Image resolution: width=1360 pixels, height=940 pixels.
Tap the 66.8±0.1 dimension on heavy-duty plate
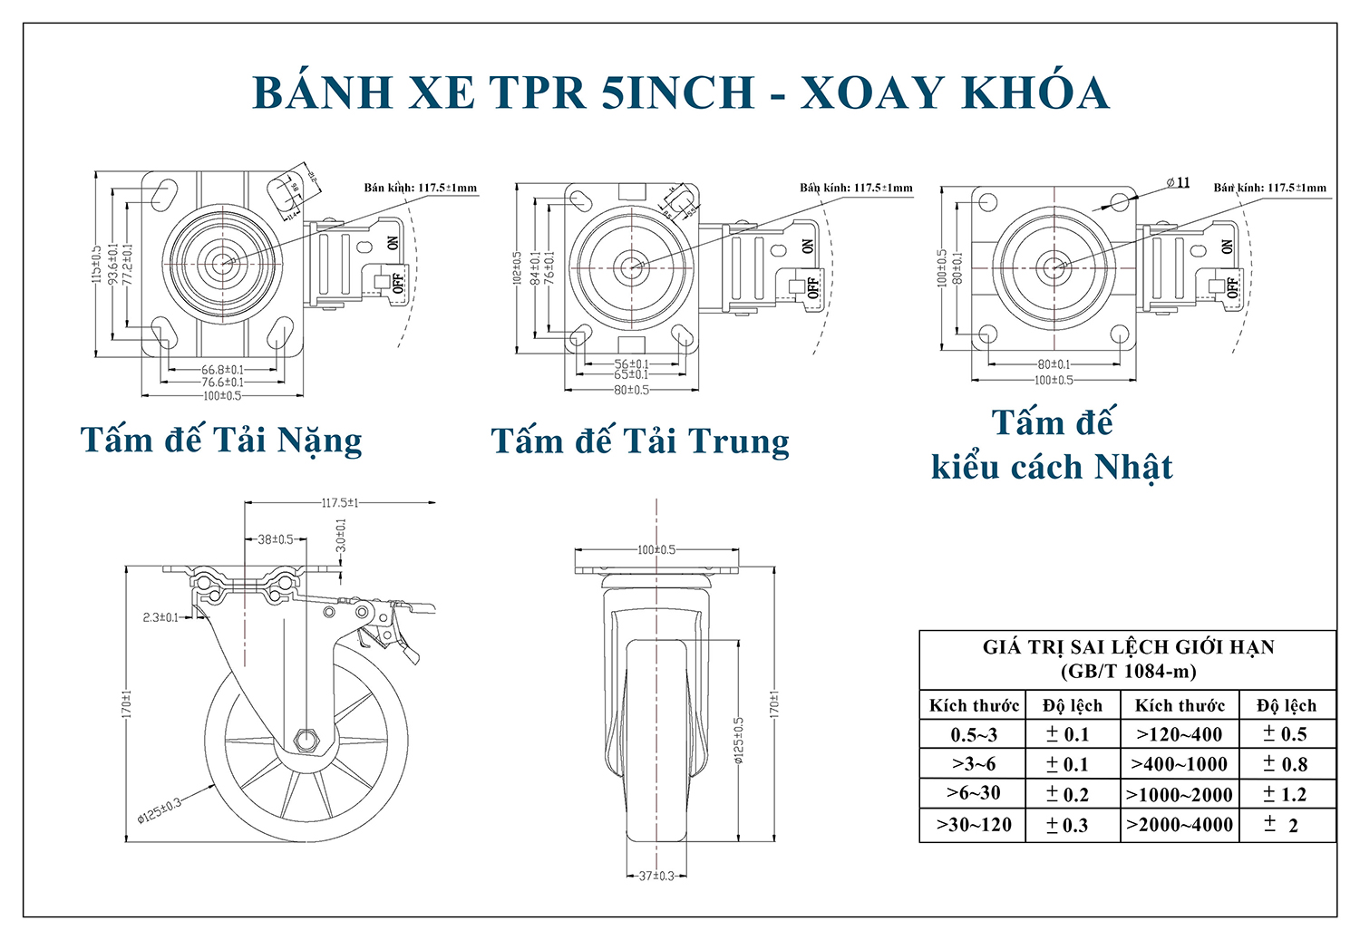(x=222, y=370)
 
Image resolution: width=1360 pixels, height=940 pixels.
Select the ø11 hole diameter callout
(x=1179, y=182)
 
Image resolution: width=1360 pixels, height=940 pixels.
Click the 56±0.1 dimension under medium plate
(x=631, y=364)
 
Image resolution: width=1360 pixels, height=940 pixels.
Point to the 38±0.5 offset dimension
(x=276, y=539)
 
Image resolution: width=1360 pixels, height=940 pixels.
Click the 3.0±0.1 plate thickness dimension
(x=341, y=536)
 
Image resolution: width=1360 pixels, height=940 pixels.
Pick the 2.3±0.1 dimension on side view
(x=161, y=617)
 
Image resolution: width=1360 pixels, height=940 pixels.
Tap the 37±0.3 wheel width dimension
(x=656, y=876)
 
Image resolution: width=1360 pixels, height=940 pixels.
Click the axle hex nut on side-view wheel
(x=307, y=741)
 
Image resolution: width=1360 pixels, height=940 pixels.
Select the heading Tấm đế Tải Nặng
(x=221, y=441)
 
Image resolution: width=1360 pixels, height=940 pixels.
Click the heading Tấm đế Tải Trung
(x=640, y=441)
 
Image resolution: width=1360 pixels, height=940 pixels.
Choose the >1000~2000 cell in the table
(x=1179, y=795)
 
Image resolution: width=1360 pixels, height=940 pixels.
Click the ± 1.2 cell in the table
(x=1285, y=795)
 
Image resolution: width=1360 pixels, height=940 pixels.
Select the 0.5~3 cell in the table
(x=974, y=735)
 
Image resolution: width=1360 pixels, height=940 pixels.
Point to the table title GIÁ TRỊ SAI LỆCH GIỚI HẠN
(x=1128, y=647)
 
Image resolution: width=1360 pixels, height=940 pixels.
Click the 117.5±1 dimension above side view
(x=340, y=502)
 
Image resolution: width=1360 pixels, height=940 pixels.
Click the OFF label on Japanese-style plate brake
(x=1231, y=287)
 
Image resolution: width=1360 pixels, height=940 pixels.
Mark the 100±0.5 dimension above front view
(x=656, y=550)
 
